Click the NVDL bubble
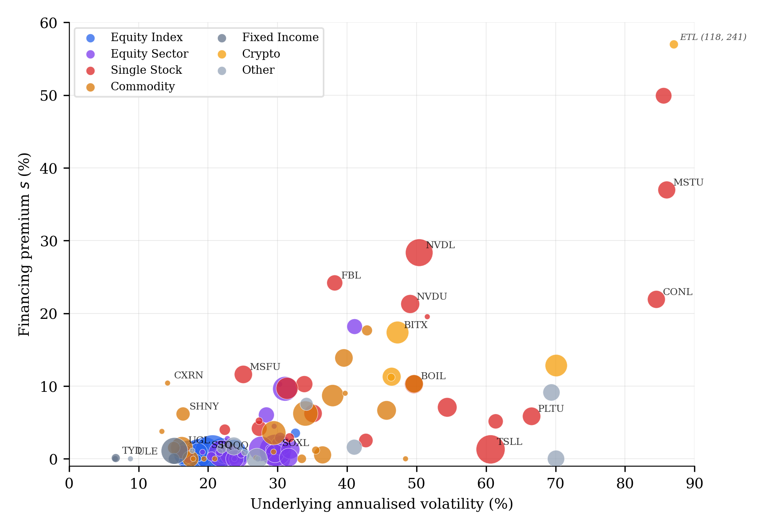pyautogui.click(x=419, y=252)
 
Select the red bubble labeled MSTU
pyautogui.click(x=666, y=190)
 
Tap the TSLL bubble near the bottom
pyautogui.click(x=490, y=449)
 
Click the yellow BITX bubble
pyautogui.click(x=397, y=332)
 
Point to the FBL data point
pyautogui.click(x=334, y=283)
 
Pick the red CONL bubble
pyautogui.click(x=656, y=299)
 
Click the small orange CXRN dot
pyautogui.click(x=168, y=383)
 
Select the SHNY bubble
pyautogui.click(x=183, y=414)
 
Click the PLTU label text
pyautogui.click(x=551, y=409)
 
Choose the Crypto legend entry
pyautogui.click(x=261, y=54)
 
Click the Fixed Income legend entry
pyautogui.click(x=280, y=37)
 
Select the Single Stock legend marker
pyautogui.click(x=91, y=70)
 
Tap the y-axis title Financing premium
pyautogui.click(x=24, y=244)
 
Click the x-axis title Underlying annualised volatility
pyautogui.click(x=382, y=504)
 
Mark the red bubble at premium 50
pyautogui.click(x=663, y=96)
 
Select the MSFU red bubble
pyautogui.click(x=243, y=374)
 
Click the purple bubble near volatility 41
pyautogui.click(x=354, y=327)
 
